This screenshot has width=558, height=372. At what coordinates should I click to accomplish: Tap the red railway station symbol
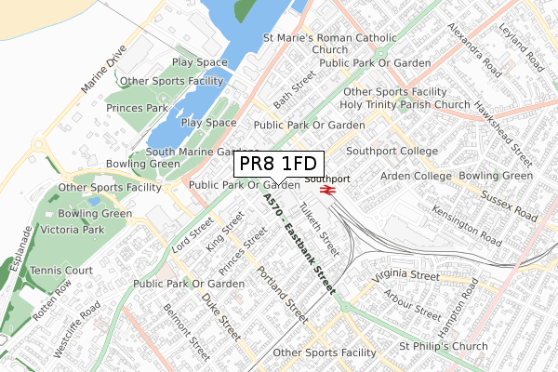[327, 190]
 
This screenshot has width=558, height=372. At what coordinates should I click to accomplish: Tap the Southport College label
[392, 151]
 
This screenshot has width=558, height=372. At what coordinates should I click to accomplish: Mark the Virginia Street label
[405, 275]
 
